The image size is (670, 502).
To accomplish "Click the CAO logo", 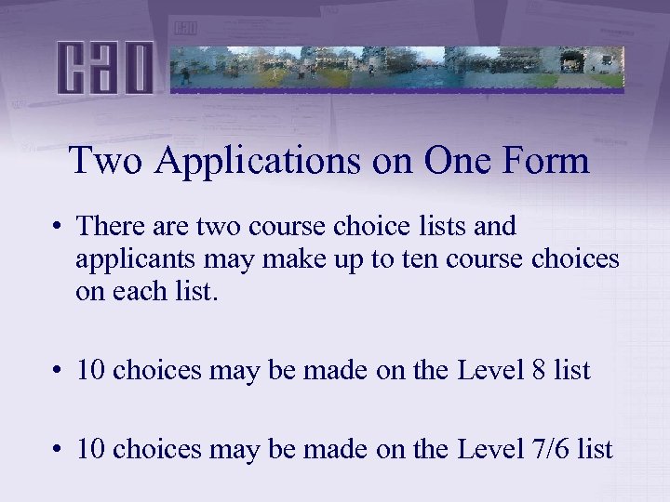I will [104, 67].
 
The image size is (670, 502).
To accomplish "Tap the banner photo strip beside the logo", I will [397, 67].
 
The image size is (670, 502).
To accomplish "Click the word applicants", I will [125, 259].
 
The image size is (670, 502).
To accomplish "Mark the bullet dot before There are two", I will [58, 227].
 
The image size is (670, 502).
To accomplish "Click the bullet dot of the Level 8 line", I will [58, 371].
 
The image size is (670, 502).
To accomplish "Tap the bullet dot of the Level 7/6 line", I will [58, 451].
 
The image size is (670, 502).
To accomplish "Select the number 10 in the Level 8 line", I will [90, 370].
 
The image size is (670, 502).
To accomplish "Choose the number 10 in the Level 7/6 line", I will [90, 450].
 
